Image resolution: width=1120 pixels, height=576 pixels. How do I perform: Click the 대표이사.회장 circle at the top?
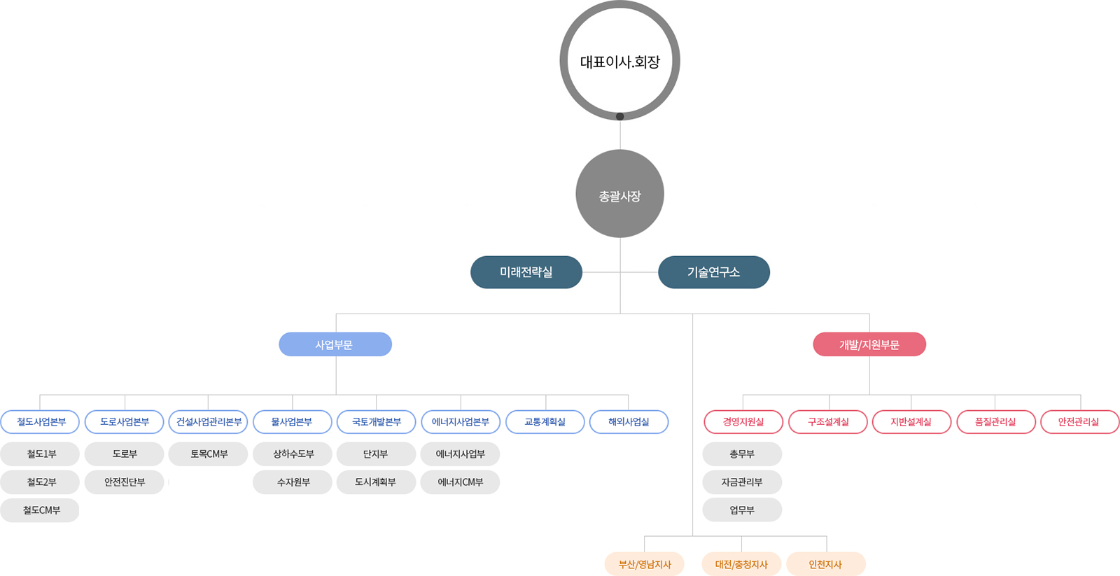point(619,62)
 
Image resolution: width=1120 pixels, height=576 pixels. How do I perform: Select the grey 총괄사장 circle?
point(619,195)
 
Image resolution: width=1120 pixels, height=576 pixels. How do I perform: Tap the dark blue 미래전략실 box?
point(526,272)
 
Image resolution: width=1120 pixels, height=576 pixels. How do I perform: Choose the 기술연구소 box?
point(713,272)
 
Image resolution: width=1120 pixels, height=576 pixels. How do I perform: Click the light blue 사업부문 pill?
point(335,344)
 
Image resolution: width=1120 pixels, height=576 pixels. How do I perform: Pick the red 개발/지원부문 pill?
point(869,344)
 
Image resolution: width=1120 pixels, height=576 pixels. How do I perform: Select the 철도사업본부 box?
point(41,422)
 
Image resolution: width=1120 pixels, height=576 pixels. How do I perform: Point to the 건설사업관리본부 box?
point(208,422)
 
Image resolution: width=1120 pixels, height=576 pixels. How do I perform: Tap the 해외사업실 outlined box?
point(629,422)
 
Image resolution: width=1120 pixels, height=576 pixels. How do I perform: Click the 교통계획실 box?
point(545,422)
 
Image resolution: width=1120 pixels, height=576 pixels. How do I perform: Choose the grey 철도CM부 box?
point(41,510)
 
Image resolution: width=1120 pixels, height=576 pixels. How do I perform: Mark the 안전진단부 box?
point(125,482)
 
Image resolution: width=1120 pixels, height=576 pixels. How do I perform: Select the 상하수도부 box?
point(293,454)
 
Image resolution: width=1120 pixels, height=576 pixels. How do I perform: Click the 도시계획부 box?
point(376,482)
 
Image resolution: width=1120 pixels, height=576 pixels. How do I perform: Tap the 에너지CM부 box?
point(460,482)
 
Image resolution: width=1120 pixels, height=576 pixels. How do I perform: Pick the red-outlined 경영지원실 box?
point(743,422)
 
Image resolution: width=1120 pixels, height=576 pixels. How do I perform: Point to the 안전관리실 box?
point(1079,422)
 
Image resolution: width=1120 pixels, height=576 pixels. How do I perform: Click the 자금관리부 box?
point(742,482)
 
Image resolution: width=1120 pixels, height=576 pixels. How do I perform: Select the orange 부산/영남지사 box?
point(644,564)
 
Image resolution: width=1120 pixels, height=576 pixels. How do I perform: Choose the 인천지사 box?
point(825,564)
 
